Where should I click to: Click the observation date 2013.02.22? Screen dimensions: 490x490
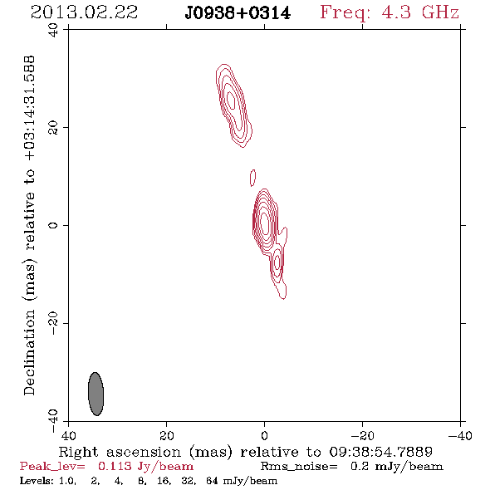tap(85, 12)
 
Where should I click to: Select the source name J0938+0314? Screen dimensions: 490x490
tap(238, 13)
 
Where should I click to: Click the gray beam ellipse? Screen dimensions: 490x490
tap(96, 394)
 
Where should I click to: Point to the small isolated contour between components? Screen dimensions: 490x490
tap(252, 178)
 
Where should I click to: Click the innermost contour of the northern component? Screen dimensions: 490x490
tap(231, 100)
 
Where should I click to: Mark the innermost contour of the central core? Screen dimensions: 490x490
tap(264, 223)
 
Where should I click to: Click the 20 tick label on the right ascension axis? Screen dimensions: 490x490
tap(167, 435)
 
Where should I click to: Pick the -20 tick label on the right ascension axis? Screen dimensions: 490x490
tap(362, 435)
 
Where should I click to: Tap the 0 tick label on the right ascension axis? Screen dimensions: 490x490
tap(264, 435)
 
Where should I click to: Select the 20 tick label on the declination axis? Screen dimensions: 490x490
tap(53, 128)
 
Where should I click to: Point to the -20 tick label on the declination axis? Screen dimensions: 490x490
tap(53, 323)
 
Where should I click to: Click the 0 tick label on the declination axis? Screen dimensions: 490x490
tap(53, 225)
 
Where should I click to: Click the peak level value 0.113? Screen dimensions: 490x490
tap(115, 466)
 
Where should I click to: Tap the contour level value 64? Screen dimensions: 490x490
tap(212, 480)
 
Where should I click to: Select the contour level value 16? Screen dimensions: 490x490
tap(164, 480)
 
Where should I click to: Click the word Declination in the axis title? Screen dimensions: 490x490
tap(29, 352)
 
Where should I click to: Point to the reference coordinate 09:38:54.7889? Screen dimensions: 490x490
tap(380, 452)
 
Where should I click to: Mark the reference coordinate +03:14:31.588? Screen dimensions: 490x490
tap(29, 108)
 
